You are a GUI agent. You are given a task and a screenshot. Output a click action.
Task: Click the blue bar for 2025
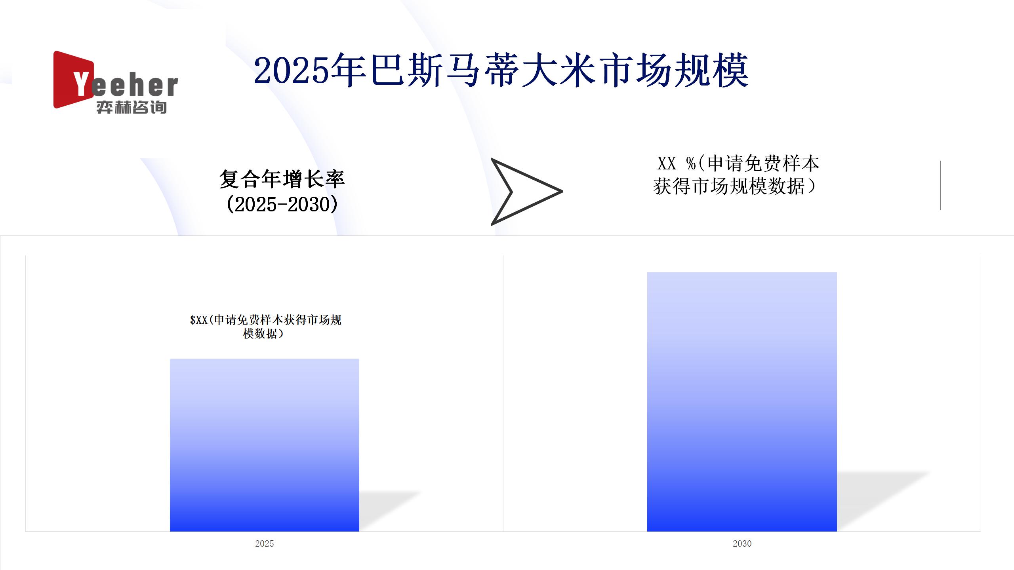pos(264,445)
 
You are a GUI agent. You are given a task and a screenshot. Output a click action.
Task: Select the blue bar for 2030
pos(742,402)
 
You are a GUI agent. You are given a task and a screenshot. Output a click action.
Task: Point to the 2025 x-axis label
pos(264,543)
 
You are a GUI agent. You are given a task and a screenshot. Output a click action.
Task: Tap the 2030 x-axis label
pos(742,543)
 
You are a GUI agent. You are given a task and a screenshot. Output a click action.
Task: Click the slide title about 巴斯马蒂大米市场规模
pos(501,71)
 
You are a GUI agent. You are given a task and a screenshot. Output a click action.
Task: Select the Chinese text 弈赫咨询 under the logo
pos(132,107)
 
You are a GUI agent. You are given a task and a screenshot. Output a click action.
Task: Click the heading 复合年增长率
pos(282,179)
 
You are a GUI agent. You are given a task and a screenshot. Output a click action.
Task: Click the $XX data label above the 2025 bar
pos(265,327)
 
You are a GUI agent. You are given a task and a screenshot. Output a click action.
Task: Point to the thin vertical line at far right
pos(940,185)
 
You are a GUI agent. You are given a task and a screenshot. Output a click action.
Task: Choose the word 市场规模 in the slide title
pos(673,71)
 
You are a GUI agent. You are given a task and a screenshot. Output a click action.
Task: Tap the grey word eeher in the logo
pos(135,85)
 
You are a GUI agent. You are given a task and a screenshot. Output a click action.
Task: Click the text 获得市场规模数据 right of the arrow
pos(729,186)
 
